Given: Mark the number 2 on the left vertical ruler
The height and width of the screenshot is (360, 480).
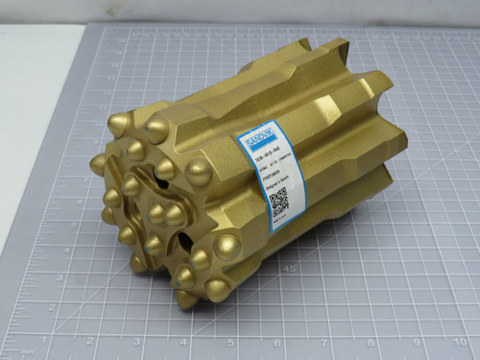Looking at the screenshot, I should tap(8, 252).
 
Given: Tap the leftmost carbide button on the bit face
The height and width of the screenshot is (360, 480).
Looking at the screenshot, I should tap(98, 164).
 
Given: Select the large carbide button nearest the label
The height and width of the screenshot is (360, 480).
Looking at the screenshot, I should tap(199, 174).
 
